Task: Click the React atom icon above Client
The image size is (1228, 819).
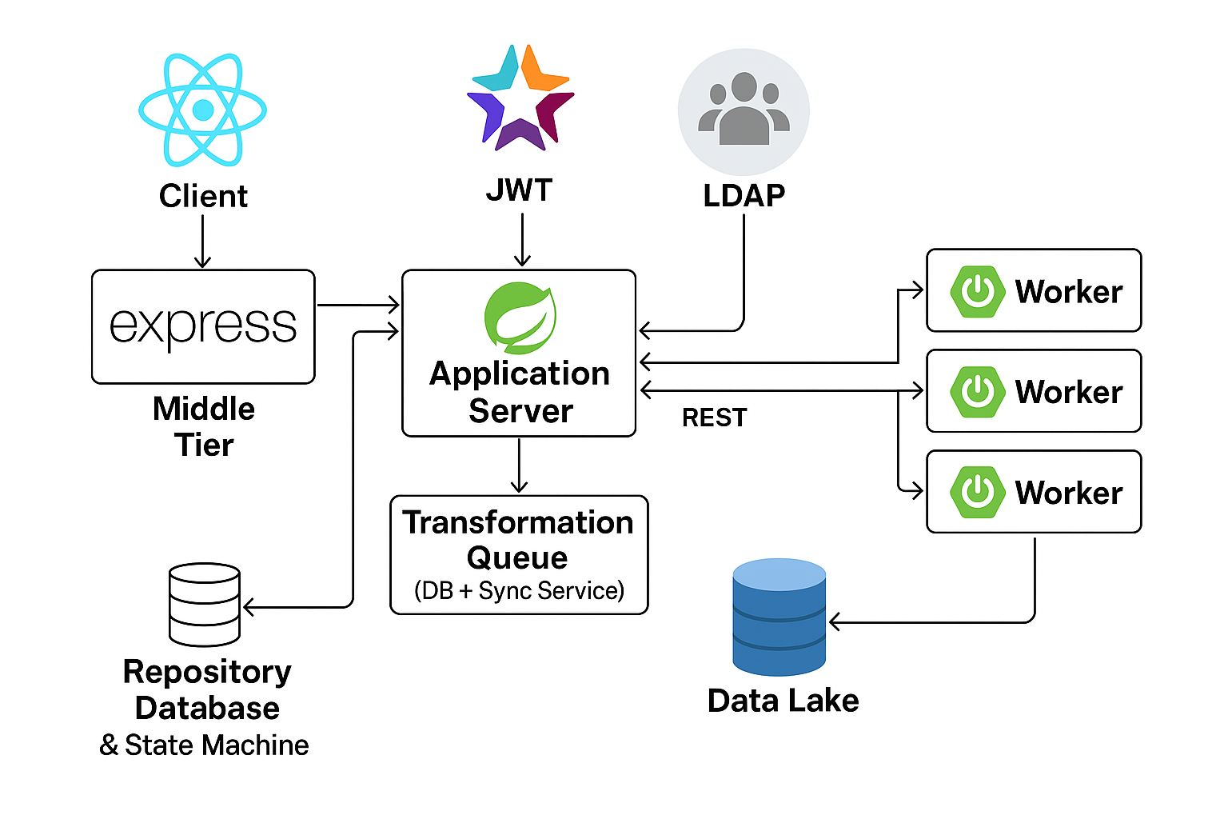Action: click(x=202, y=110)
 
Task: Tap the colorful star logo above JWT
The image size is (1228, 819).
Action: click(x=520, y=98)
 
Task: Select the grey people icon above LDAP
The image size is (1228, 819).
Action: click(x=744, y=111)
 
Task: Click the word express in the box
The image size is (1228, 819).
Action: click(x=203, y=326)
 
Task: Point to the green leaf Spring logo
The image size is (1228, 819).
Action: click(x=520, y=318)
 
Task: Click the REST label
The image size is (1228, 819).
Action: click(x=714, y=417)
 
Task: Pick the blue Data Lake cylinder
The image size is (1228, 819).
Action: click(x=779, y=617)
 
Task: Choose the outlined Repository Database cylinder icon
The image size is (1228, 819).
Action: click(x=205, y=604)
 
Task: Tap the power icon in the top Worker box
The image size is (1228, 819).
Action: click(x=977, y=291)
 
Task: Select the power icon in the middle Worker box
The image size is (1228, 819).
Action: click(x=977, y=392)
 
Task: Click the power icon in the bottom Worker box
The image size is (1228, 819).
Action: click(x=977, y=492)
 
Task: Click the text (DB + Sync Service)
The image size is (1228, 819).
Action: click(x=519, y=591)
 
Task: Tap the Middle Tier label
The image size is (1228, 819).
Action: click(x=204, y=426)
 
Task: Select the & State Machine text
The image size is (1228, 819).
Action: click(x=204, y=745)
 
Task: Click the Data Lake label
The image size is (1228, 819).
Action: click(x=783, y=701)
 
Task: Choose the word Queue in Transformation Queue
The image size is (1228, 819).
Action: click(x=517, y=557)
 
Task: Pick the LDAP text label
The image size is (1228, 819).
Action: click(x=744, y=196)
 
